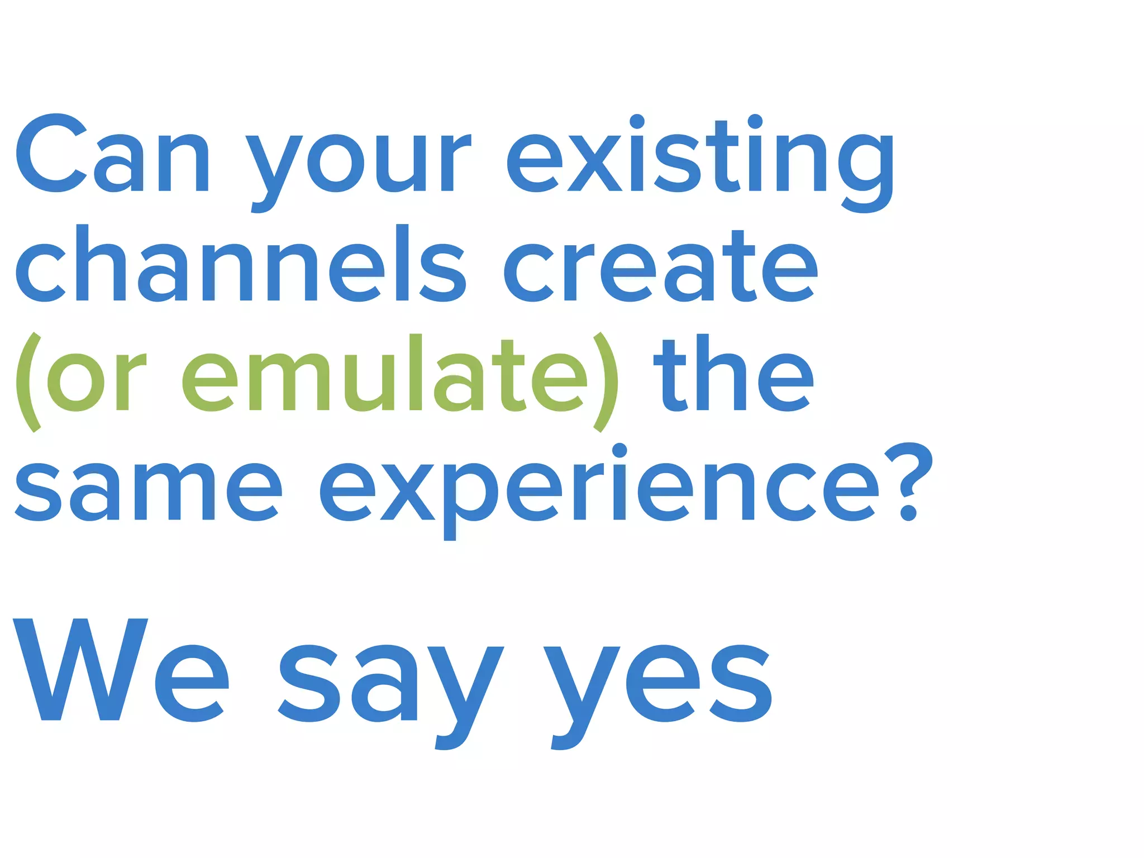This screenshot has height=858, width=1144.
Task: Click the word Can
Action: pyautogui.click(x=112, y=154)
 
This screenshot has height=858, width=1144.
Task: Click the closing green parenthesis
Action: pyautogui.click(x=606, y=382)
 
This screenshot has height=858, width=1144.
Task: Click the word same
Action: pyautogui.click(x=148, y=492)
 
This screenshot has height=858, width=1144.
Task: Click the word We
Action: pyautogui.click(x=121, y=670)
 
